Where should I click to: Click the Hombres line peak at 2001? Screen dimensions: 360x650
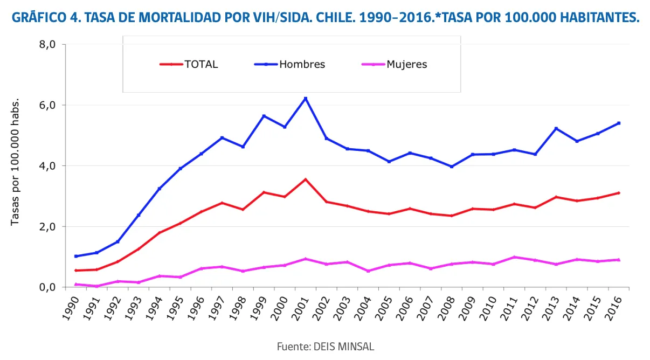[x=305, y=99]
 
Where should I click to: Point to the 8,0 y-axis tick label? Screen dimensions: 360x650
[x=47, y=45]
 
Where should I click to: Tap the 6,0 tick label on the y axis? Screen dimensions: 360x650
[x=47, y=106]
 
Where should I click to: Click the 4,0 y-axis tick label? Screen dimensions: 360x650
[x=47, y=166]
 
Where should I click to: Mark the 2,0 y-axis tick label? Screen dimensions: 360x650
[x=47, y=227]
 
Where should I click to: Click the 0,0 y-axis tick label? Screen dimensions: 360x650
[x=47, y=287]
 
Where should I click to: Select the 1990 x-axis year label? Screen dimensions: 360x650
[x=71, y=308]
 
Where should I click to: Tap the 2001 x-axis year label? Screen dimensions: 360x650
[x=300, y=308]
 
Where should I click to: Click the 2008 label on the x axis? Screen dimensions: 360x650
[x=446, y=308]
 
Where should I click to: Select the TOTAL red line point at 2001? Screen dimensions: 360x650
[x=305, y=179]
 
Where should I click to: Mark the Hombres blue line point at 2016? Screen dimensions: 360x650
[x=619, y=123]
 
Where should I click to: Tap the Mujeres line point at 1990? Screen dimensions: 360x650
[x=76, y=284]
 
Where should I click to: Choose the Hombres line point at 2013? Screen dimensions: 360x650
[x=556, y=128]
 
